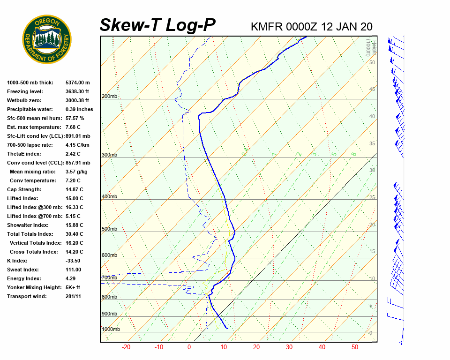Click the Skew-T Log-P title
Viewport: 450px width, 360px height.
tap(157, 25)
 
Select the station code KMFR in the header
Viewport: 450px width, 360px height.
tap(267, 26)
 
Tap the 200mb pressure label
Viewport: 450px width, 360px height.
tap(110, 97)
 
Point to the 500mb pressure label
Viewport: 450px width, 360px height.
tap(110, 229)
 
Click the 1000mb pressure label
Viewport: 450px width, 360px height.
tap(111, 329)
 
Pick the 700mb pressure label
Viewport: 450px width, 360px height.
tap(110, 278)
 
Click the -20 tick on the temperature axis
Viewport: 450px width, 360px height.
tap(126, 347)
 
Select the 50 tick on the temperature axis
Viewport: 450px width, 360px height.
tap(355, 347)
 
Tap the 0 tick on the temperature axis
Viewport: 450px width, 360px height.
tap(189, 347)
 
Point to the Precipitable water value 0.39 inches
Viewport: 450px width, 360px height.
tap(79, 109)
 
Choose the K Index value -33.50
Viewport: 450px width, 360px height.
tap(73, 261)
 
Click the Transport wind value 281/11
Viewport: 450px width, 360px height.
tap(74, 296)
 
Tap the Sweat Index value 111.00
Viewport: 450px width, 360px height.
tap(74, 270)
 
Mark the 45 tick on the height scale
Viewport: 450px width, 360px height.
tap(372, 89)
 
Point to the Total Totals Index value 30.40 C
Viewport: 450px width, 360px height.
tap(75, 234)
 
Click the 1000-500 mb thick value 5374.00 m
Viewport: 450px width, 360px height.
tap(78, 82)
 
